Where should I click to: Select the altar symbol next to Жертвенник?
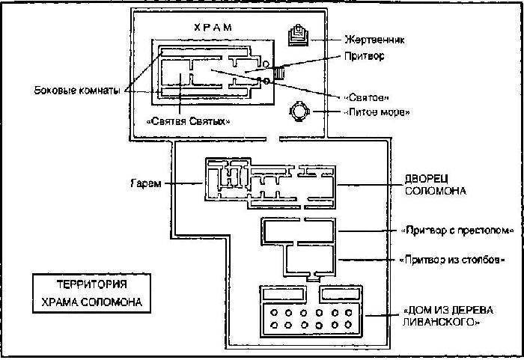point(297,36)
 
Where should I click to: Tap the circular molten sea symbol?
point(299,113)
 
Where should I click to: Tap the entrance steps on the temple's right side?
point(279,74)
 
